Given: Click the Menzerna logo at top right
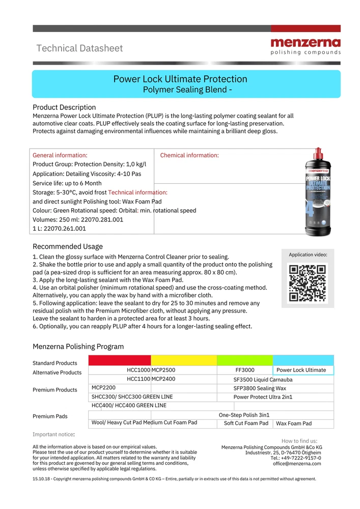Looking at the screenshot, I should [x=305, y=45].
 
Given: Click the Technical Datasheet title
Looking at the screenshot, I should [x=79, y=48].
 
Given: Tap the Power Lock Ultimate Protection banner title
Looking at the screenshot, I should [x=180, y=79].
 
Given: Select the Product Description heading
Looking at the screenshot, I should [x=64, y=107].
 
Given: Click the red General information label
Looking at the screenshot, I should [x=60, y=155].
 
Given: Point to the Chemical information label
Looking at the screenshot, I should [x=189, y=155].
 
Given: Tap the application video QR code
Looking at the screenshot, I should [x=307, y=283].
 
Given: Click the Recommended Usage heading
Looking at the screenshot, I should [x=68, y=246].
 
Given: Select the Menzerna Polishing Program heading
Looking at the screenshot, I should [x=78, y=347].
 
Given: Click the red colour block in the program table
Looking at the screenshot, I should [x=120, y=360].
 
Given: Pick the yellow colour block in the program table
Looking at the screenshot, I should [x=184, y=360].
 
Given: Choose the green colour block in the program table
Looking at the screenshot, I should [x=244, y=360].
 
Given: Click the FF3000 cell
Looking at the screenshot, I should [x=245, y=370].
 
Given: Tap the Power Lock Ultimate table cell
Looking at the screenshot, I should [x=303, y=370].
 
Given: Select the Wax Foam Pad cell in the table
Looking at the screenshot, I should [x=294, y=423].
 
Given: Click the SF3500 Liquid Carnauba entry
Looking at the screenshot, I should [x=263, y=380].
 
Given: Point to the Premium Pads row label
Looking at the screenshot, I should [x=50, y=416].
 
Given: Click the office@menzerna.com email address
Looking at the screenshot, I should [x=297, y=464].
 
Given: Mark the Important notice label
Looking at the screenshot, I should [x=53, y=434].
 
